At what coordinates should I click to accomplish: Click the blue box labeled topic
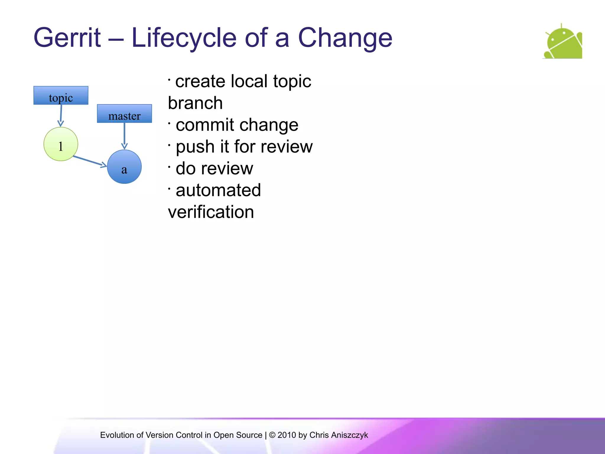(x=61, y=95)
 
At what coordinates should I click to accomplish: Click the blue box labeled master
(x=124, y=113)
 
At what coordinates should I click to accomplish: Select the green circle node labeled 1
(x=61, y=144)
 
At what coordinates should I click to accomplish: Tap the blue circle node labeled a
(x=124, y=167)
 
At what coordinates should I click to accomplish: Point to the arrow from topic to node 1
(x=61, y=116)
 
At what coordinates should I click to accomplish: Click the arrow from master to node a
(x=124, y=136)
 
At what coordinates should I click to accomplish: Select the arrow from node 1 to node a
(x=90, y=161)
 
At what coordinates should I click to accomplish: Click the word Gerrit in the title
(x=67, y=38)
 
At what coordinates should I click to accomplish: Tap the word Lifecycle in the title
(x=184, y=38)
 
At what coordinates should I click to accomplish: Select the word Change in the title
(x=345, y=38)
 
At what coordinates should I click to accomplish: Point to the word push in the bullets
(x=195, y=147)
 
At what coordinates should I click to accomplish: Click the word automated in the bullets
(x=218, y=190)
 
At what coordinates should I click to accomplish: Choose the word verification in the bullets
(x=211, y=212)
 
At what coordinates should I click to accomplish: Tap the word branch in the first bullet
(x=195, y=103)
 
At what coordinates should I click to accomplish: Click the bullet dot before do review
(x=169, y=167)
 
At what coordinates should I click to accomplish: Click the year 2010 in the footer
(x=287, y=435)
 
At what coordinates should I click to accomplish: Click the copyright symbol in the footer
(x=272, y=435)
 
